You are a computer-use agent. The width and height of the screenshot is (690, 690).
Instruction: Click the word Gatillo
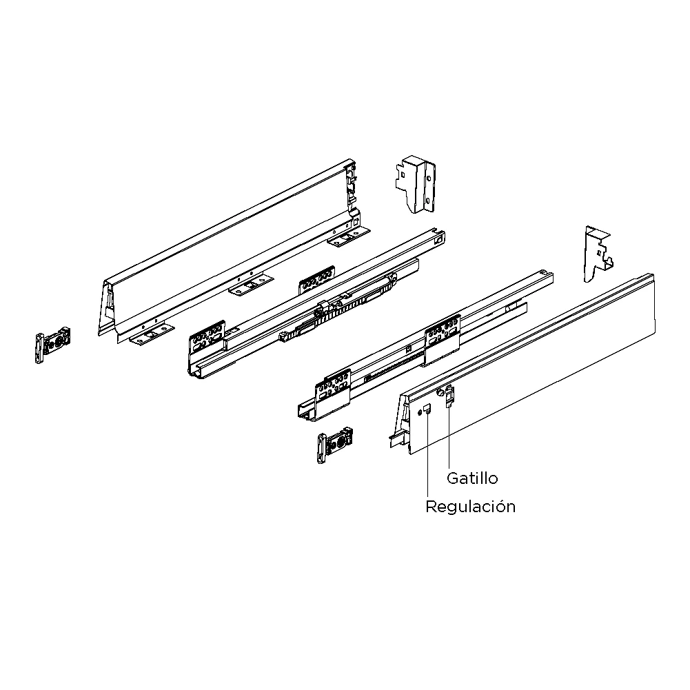click(472, 478)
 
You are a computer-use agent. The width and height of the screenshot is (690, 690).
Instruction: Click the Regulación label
click(470, 507)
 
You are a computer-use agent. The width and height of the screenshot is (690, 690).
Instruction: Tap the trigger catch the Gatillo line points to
click(449, 396)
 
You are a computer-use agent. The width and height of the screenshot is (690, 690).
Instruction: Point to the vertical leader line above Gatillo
click(449, 438)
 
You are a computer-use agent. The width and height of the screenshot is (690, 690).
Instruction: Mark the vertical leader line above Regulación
click(427, 455)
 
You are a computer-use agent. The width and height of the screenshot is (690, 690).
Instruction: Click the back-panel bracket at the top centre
click(416, 184)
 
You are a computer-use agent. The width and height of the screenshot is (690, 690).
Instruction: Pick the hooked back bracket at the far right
click(598, 254)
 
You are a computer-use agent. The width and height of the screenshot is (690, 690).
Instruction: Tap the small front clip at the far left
click(52, 345)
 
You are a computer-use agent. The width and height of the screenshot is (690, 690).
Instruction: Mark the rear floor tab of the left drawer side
click(348, 238)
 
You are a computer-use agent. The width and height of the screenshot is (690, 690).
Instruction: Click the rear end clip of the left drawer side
click(351, 185)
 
